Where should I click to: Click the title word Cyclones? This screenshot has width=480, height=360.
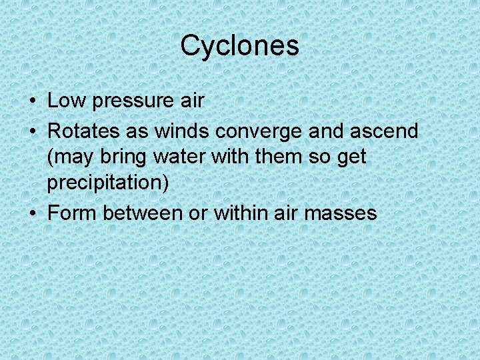(x=239, y=46)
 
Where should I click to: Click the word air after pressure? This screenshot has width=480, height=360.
(x=191, y=101)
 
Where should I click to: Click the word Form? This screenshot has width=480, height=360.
(x=71, y=213)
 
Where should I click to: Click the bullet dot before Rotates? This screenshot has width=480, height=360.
(x=33, y=131)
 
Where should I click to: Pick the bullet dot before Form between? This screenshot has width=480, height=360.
(x=33, y=214)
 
